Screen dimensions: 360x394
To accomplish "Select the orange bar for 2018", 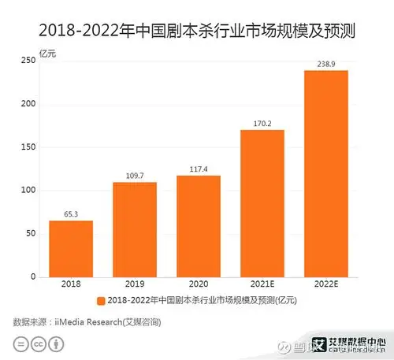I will click(x=71, y=249).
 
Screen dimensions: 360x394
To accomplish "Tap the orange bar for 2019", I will click(x=135, y=229).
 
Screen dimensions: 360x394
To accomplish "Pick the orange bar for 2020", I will click(x=199, y=226).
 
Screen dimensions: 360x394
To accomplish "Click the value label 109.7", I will click(x=135, y=175).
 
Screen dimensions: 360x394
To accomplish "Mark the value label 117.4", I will click(x=199, y=169).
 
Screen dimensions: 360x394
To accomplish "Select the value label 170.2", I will click(x=262, y=123).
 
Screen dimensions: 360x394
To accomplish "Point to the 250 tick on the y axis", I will click(x=30, y=61).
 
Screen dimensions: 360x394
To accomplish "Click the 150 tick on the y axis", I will click(x=30, y=147).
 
